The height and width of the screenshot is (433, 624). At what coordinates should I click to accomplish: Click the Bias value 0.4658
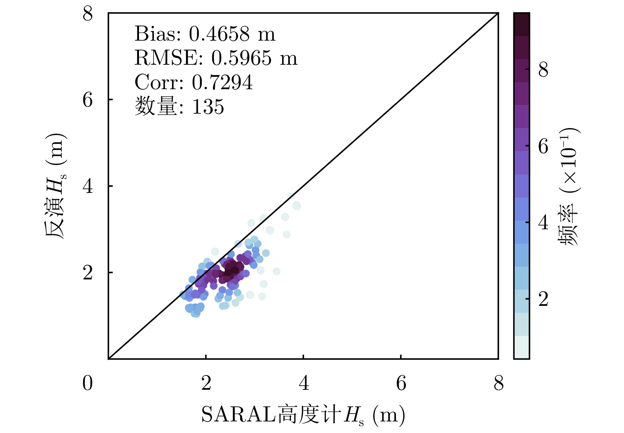219,34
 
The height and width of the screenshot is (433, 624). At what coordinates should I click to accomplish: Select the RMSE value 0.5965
241,58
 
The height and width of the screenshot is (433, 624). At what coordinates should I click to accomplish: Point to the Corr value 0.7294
222,82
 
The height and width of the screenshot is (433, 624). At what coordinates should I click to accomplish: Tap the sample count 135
208,107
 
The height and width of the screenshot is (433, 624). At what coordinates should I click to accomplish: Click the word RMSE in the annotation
168,58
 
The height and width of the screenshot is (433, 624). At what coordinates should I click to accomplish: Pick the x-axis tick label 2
206,383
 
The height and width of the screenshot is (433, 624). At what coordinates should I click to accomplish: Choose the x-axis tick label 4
304,383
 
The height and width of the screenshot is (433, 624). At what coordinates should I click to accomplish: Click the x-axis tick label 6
401,383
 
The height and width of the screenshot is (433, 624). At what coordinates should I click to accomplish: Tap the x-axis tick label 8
499,383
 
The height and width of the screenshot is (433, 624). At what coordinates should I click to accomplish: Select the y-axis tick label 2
88,273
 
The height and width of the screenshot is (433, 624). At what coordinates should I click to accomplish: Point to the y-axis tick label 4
88,186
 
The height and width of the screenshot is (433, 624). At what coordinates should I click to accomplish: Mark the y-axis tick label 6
88,100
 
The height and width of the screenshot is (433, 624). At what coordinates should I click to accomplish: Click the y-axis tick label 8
88,14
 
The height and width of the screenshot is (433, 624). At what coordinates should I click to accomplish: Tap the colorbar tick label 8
543,70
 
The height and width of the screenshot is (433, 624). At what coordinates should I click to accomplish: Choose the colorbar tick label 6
543,146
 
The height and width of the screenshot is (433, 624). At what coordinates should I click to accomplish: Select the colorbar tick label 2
543,299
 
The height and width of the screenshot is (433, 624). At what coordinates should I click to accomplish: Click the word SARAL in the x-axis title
238,415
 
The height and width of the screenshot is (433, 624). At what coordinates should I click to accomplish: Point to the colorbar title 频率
568,225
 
